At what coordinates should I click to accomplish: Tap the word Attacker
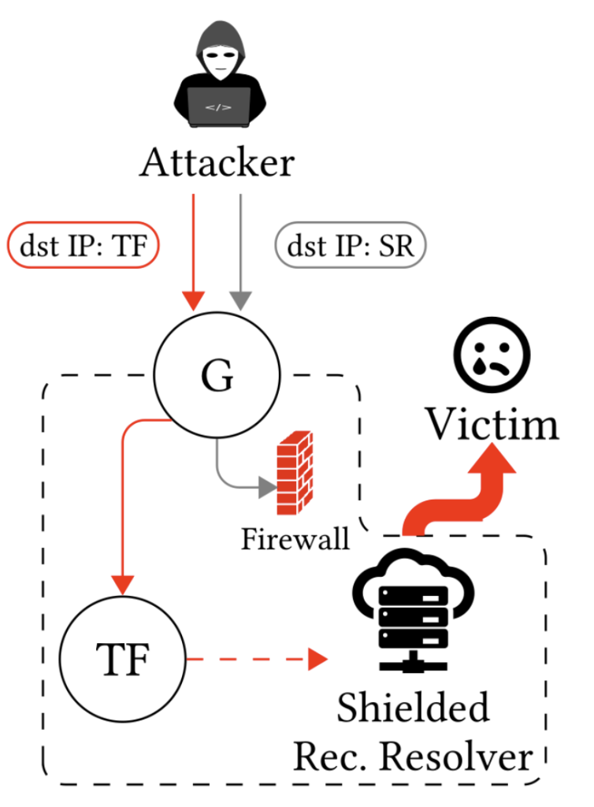pyautogui.click(x=217, y=165)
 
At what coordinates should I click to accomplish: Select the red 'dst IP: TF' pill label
pyautogui.click(x=84, y=247)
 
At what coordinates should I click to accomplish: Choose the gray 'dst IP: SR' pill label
pyautogui.click(x=350, y=247)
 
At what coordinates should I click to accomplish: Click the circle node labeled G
pyautogui.click(x=217, y=378)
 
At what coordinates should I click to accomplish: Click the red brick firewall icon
pyautogui.click(x=295, y=474)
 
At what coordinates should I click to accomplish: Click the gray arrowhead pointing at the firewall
pyautogui.click(x=266, y=489)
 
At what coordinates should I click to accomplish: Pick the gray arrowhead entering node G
pyautogui.click(x=239, y=300)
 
